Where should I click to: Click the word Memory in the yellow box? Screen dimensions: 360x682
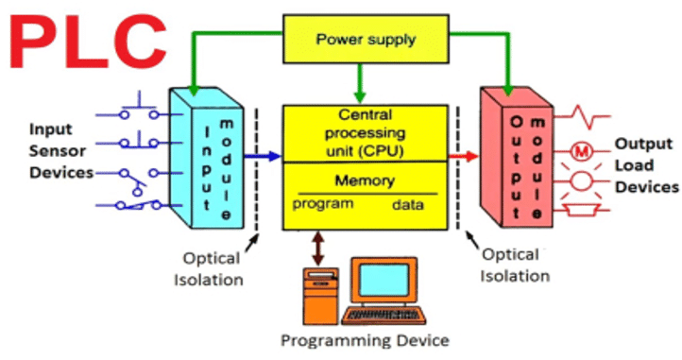pyautogui.click(x=364, y=180)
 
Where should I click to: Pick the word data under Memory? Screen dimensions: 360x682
pyautogui.click(x=408, y=204)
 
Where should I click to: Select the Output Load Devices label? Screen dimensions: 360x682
pyautogui.click(x=646, y=165)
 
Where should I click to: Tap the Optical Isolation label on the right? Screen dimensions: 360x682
pyautogui.click(x=515, y=266)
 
